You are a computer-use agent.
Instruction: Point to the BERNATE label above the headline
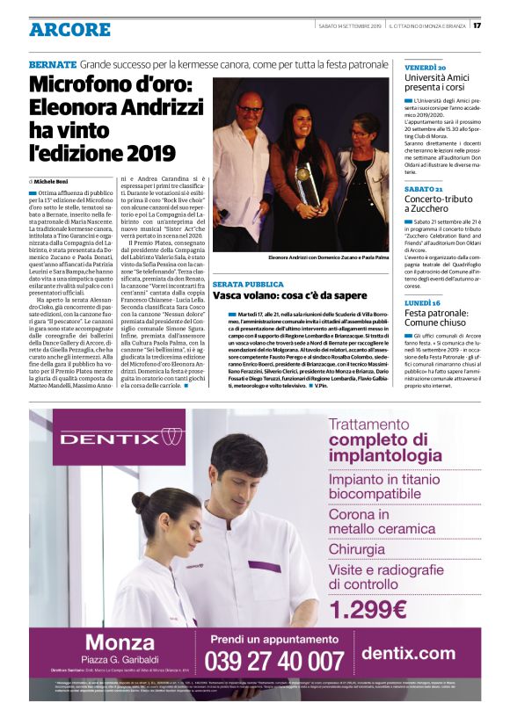click(52, 65)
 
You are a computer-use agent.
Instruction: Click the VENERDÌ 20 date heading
click(425, 67)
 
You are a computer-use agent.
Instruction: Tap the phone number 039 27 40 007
click(273, 661)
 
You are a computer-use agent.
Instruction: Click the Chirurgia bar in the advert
click(356, 549)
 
